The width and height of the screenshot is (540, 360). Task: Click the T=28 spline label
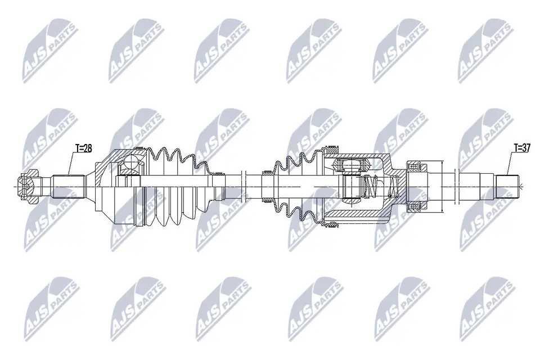coord(83,148)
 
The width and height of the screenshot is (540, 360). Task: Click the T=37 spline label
coord(521,148)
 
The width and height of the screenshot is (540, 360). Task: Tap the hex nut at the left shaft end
coord(27,184)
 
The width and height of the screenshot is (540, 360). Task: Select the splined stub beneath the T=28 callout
coord(69,184)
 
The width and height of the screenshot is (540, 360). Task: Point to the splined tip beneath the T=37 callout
coord(507,184)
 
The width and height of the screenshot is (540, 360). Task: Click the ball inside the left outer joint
coord(130,163)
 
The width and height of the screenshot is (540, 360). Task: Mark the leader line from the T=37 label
coord(509,164)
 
